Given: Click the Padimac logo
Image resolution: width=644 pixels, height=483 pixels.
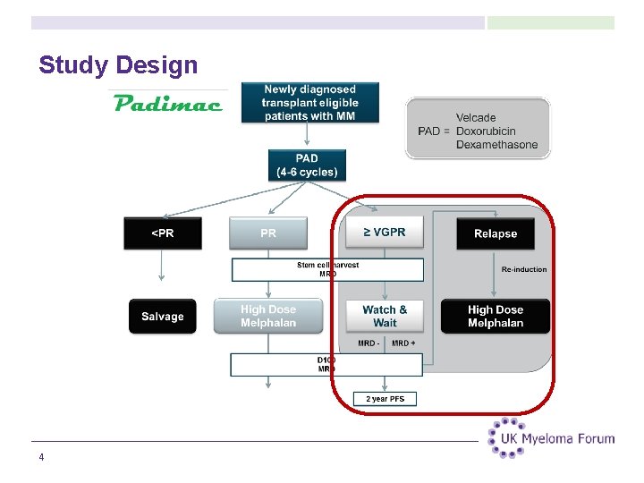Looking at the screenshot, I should coord(168,103).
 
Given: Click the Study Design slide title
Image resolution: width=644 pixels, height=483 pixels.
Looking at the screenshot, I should coord(118,65).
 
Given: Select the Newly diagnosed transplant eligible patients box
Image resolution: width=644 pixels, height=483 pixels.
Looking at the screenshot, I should coord(309,103).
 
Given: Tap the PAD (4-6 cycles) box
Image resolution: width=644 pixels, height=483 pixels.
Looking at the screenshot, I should coord(307,165).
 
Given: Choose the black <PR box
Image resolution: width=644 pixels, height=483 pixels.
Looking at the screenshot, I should coord(162,233).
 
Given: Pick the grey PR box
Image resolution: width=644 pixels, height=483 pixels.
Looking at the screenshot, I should coord(268,233).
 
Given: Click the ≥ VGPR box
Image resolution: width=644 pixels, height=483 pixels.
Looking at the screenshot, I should coord(385,233).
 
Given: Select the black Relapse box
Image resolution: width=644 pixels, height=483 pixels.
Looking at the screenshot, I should coord(496,233).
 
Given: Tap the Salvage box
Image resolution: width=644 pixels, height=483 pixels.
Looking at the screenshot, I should coord(162,317).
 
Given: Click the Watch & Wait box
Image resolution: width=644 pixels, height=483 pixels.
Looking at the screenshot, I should coord(385,316).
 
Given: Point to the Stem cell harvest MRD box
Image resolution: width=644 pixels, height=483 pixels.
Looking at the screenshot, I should coord(327,269).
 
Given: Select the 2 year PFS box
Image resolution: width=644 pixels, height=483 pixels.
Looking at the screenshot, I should coord(385,399).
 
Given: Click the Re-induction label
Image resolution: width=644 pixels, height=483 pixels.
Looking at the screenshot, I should coord(524,269).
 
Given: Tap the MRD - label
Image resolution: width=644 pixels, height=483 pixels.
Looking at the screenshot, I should coord(368,343).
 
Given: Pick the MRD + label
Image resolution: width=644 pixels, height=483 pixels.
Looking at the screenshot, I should coord(403,343).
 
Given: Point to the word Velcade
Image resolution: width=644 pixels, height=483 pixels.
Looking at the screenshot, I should coord(476,117).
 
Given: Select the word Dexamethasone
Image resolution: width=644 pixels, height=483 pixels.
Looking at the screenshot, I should coord(496,144).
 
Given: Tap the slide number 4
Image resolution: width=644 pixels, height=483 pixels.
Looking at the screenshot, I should coord(41,458).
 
